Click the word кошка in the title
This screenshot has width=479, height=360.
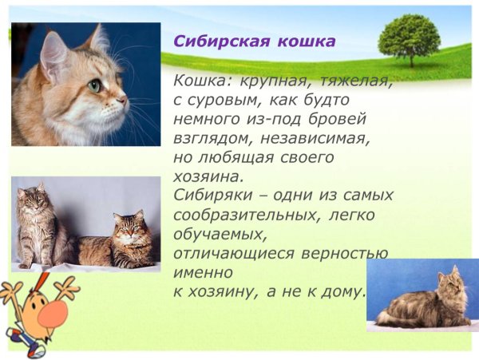tap(303, 42)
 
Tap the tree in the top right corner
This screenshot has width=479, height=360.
tap(410, 40)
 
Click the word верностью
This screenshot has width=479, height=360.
tap(343, 253)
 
